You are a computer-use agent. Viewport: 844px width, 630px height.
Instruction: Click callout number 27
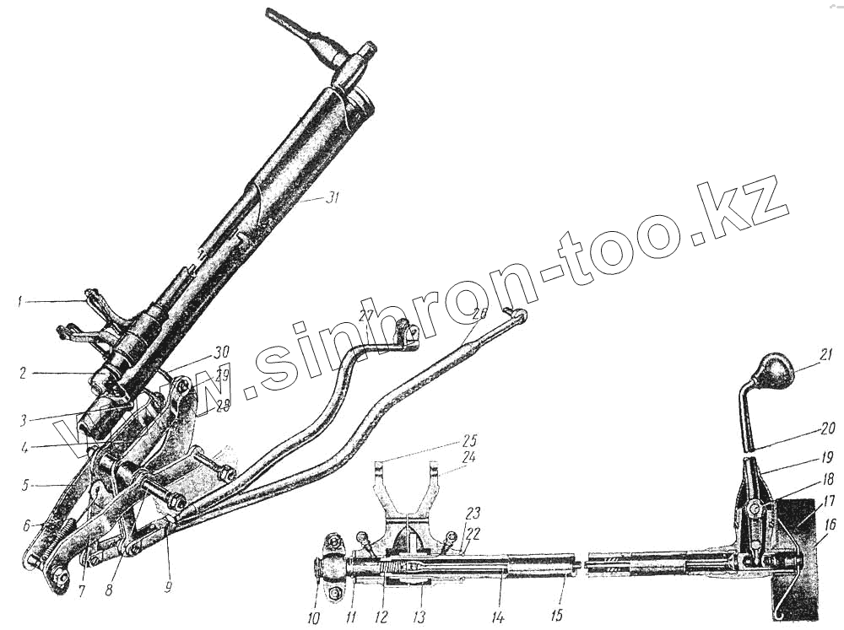[x=364, y=315]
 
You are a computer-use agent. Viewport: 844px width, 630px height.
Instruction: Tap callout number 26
[x=479, y=313]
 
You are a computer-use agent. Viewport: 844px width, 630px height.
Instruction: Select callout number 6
[x=28, y=525]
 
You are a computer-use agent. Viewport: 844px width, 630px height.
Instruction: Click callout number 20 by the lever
[x=826, y=428]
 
